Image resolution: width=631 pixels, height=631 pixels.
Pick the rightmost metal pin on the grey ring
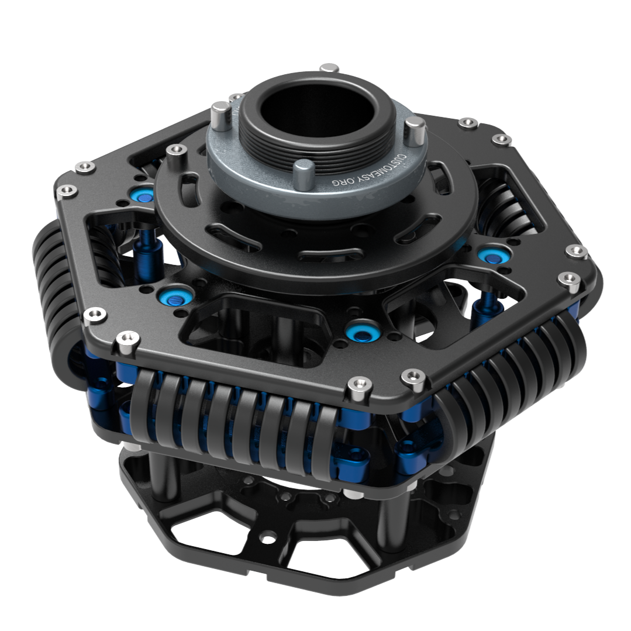tap(415, 129)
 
